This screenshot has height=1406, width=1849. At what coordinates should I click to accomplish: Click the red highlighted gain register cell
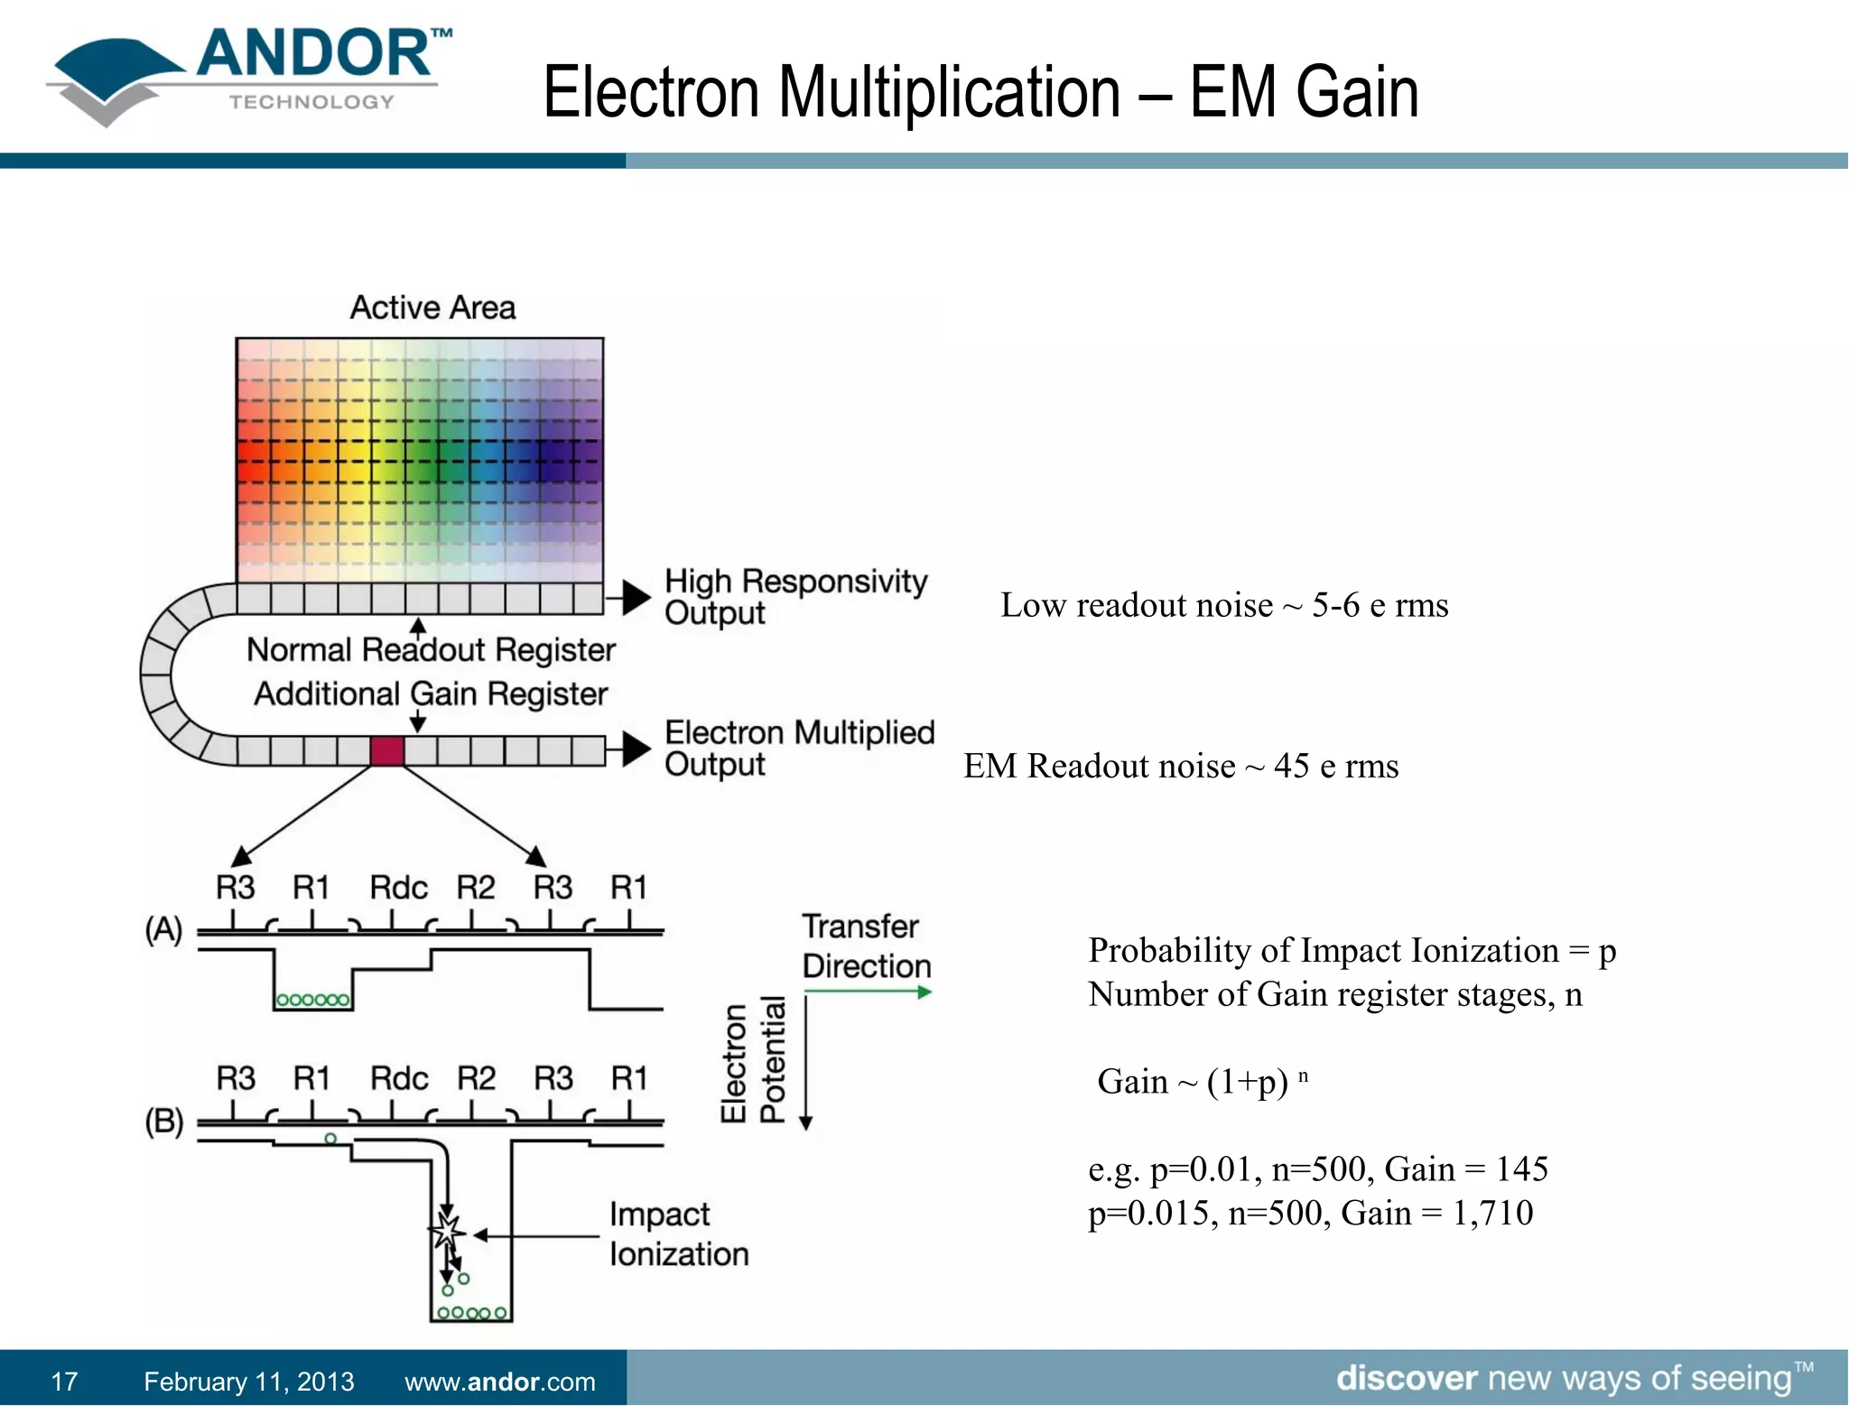(387, 750)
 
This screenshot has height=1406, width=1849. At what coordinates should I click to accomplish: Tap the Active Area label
(432, 308)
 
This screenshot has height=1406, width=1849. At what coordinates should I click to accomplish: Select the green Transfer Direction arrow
(867, 992)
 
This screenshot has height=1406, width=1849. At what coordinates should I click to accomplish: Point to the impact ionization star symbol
(446, 1232)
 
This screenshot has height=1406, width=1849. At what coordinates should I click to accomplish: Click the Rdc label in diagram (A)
(397, 888)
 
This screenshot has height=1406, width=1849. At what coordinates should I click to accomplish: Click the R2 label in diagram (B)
(476, 1078)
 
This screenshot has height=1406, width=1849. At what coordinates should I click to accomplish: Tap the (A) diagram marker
(163, 929)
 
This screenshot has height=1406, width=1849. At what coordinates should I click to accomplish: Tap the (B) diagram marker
(163, 1122)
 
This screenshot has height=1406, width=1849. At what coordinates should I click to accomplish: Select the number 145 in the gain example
(1522, 1169)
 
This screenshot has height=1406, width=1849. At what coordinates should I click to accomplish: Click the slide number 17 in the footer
(64, 1382)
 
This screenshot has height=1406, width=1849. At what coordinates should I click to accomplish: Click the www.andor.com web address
(499, 1382)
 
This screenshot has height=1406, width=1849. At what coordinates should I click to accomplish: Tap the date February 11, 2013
(248, 1382)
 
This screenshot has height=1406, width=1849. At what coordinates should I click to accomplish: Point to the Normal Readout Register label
(431, 650)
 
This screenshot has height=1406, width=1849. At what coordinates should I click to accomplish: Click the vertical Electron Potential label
(753, 1062)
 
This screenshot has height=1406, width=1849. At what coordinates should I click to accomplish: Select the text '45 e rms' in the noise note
(1336, 767)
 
